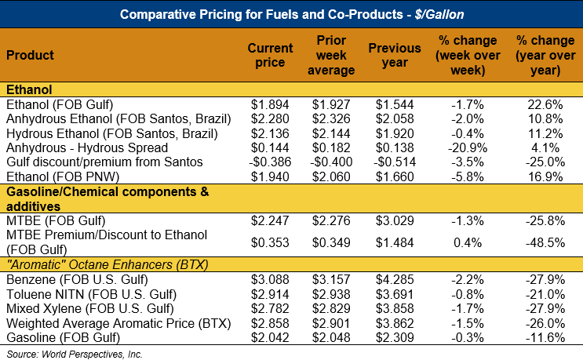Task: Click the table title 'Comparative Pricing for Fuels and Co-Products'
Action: click(291, 14)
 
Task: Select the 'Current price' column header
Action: click(270, 56)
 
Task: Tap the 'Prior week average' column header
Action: click(332, 56)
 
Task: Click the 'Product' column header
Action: click(30, 56)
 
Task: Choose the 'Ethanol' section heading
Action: click(28, 90)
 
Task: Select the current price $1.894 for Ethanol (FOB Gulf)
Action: click(270, 104)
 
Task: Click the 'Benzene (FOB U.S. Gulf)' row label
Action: click(70, 279)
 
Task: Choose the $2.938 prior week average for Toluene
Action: click(332, 294)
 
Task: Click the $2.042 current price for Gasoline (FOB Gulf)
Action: click(270, 337)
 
